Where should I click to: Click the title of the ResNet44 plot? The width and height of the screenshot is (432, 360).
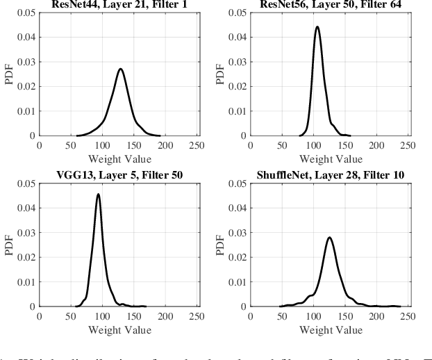point(119,4)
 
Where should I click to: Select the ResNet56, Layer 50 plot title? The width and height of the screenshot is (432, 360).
point(330,4)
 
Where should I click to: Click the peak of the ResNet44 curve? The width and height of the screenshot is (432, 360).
point(120,69)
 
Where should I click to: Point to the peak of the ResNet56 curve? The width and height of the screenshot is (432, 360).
point(317,27)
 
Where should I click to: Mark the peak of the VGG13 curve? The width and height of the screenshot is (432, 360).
point(98,195)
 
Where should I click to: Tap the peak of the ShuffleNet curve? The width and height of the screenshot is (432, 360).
point(329,238)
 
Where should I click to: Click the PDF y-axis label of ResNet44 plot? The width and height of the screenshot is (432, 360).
point(9,74)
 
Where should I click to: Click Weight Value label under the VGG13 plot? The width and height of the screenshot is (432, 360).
point(119,329)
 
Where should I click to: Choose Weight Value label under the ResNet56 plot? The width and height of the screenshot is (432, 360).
point(330,158)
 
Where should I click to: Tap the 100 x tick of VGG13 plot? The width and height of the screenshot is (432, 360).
point(102,316)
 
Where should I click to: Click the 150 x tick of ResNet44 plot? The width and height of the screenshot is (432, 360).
point(134,146)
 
